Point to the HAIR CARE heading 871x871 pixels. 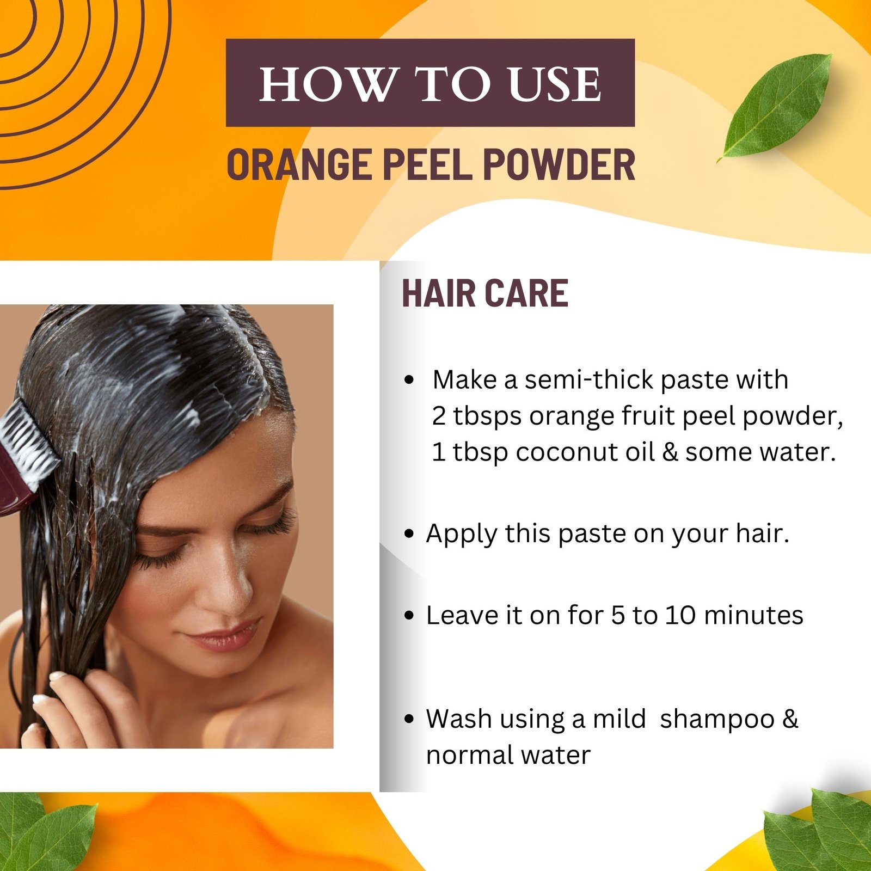(x=485, y=293)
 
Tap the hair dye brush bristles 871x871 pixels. (x=24, y=441)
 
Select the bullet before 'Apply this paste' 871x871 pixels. (x=409, y=534)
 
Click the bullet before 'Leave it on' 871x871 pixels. (x=409, y=616)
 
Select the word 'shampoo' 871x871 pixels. (x=717, y=720)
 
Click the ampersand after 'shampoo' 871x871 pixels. (x=790, y=719)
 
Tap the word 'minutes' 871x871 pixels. (x=753, y=615)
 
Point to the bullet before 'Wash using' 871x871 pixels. (x=409, y=719)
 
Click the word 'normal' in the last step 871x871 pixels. (x=469, y=755)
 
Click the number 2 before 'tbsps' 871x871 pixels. (x=439, y=416)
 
